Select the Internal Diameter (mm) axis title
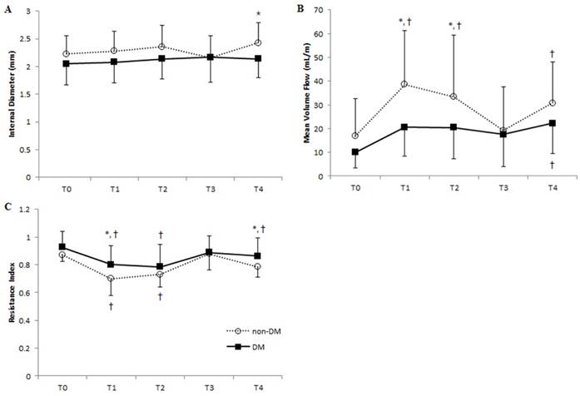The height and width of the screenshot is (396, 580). point(11,95)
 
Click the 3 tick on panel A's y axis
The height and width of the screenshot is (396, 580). point(35,12)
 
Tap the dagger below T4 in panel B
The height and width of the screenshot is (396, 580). point(552,165)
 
